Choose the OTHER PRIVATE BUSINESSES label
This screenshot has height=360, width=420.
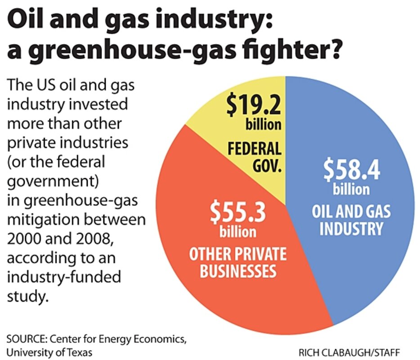(x=237, y=263)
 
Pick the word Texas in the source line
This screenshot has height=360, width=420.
(x=79, y=351)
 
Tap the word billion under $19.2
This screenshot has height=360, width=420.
(x=263, y=125)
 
